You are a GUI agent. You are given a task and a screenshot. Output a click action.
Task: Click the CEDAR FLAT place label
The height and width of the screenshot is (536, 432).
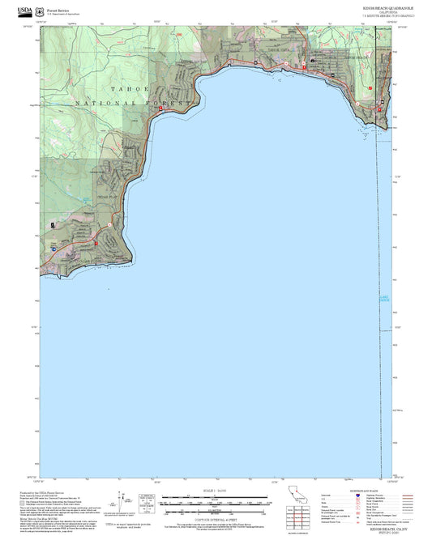click(108, 198)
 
